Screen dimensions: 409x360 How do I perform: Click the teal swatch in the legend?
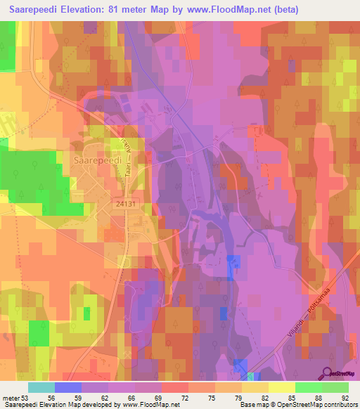tap(41, 387)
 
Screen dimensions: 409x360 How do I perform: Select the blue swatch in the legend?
tap(68, 387)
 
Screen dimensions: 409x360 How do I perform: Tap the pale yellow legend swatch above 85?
tap(281, 387)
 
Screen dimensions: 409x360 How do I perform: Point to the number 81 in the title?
tap(115, 10)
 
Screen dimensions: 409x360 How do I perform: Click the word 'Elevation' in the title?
tap(79, 10)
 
